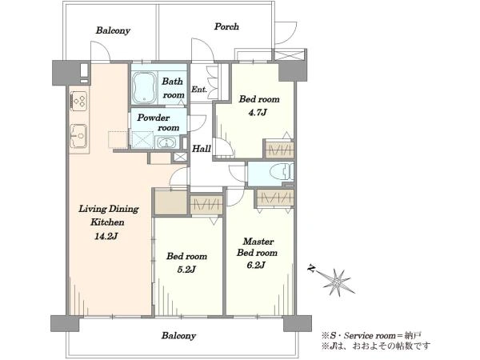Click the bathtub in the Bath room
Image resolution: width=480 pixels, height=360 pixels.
[144, 87]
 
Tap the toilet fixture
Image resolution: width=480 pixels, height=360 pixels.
[282, 172]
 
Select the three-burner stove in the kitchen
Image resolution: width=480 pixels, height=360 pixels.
[79, 101]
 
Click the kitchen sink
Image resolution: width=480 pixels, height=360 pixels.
[78, 136]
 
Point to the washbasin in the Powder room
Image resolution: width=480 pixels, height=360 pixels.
[166, 142]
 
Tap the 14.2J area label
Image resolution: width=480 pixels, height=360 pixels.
[107, 236]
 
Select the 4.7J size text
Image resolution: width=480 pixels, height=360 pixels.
[258, 113]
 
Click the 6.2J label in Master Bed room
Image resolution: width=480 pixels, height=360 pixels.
[256, 265]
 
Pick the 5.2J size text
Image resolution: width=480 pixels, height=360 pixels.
[186, 270]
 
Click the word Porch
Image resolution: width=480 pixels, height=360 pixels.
[226, 26]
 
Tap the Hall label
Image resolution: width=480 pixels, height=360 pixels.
[202, 149]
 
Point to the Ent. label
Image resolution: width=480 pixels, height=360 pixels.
[199, 90]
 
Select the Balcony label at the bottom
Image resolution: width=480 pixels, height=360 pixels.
[178, 336]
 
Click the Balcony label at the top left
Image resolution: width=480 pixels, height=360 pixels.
[113, 30]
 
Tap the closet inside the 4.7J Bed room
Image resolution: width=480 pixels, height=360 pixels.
[279, 150]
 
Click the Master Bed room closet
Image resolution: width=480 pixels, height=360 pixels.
[275, 198]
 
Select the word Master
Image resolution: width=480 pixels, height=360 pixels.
[258, 242]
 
